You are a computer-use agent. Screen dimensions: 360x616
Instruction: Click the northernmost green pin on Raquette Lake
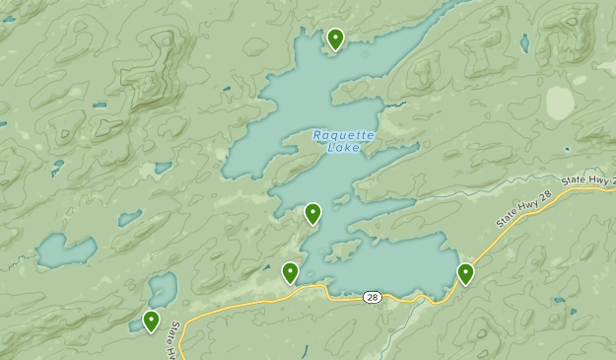[335, 39]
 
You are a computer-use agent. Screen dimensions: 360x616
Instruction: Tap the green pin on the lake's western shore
[312, 213]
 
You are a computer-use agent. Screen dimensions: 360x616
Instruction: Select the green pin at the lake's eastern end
[465, 273]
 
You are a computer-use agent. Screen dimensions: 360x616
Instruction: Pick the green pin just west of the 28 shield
[291, 272]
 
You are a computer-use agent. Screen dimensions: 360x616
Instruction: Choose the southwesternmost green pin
[151, 321]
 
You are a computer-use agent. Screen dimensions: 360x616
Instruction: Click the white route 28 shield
[371, 297]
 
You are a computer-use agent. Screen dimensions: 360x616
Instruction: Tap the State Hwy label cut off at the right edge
[587, 179]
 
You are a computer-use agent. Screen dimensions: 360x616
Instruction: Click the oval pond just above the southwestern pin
[163, 289]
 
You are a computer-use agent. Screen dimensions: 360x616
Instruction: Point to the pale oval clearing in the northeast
[560, 103]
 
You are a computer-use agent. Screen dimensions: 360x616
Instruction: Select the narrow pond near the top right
[524, 43]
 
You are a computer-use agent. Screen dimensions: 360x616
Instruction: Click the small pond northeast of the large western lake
[129, 218]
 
